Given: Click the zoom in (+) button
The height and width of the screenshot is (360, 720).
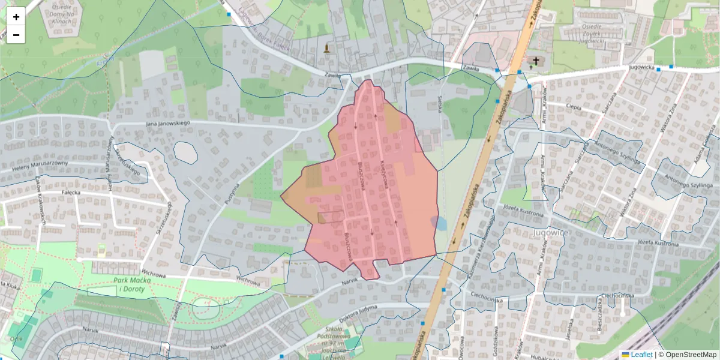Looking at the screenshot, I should (16, 17).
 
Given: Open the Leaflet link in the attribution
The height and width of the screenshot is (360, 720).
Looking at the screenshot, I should (641, 355).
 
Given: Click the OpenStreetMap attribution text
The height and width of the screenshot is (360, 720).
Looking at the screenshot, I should (690, 355).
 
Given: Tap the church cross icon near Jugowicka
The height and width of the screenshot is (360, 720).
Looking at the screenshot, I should (535, 61).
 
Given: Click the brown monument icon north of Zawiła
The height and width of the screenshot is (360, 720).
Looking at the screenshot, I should (326, 48).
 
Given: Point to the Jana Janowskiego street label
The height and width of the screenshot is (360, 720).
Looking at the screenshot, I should (167, 124).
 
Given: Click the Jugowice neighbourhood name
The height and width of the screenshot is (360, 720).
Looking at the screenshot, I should (548, 231).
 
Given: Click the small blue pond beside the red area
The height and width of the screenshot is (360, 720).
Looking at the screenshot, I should (440, 223).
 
